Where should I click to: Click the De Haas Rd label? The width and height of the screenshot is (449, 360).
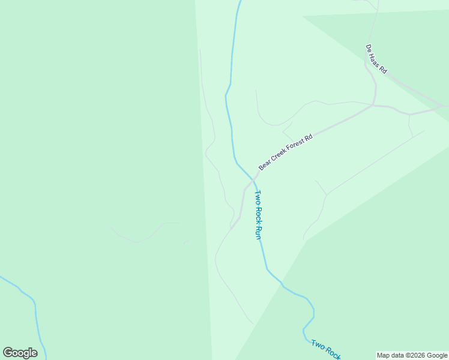pyautogui.click(x=376, y=59)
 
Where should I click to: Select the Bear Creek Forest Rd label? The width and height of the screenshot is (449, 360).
pyautogui.click(x=286, y=152)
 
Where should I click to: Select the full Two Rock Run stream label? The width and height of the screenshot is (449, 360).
pyautogui.click(x=258, y=215)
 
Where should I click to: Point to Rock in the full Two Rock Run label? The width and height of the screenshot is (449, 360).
pyautogui.click(x=258, y=214)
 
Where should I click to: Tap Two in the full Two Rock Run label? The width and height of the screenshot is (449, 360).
pyautogui.click(x=257, y=197)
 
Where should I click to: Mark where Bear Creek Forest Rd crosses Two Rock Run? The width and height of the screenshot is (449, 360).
pyautogui.click(x=254, y=179)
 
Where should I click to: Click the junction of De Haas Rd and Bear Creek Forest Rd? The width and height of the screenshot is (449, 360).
pyautogui.click(x=374, y=106)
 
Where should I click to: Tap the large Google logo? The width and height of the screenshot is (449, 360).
pyautogui.click(x=20, y=353)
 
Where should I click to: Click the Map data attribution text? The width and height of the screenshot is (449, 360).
pyautogui.click(x=412, y=355)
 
